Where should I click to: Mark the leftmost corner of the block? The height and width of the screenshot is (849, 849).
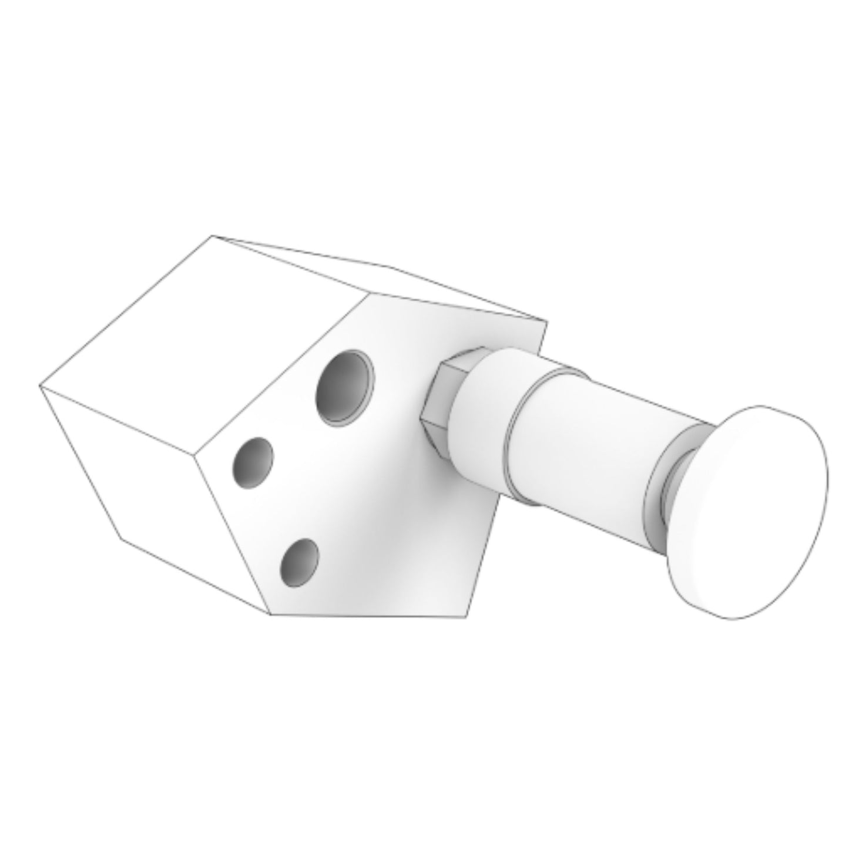(39, 386)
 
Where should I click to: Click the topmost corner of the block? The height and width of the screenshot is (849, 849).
(212, 236)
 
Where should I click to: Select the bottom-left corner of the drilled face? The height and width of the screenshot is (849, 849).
(270, 615)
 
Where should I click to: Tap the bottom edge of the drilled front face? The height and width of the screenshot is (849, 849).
(369, 616)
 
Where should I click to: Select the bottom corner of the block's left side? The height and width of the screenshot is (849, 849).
(121, 538)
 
